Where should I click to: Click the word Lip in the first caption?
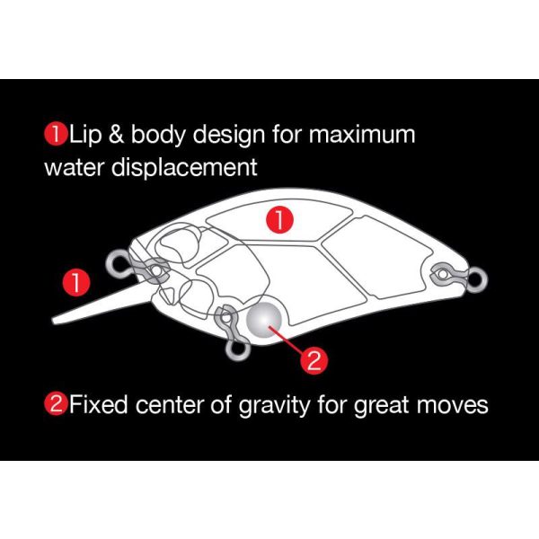point(85,135)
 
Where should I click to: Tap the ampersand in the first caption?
point(116,135)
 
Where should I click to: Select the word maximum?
point(362,135)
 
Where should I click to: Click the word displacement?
point(184,168)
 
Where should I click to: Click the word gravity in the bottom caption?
point(274,406)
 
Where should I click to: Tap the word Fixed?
point(98,404)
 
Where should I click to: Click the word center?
point(170,405)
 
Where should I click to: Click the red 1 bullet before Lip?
point(56,134)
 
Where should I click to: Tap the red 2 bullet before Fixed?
point(56,404)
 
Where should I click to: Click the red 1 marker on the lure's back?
point(279,220)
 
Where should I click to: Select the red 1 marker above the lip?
point(76,283)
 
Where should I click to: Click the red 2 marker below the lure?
point(314,360)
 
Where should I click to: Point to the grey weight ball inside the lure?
point(264,320)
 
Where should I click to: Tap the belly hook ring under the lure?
point(237,351)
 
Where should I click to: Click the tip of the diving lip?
point(53,321)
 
